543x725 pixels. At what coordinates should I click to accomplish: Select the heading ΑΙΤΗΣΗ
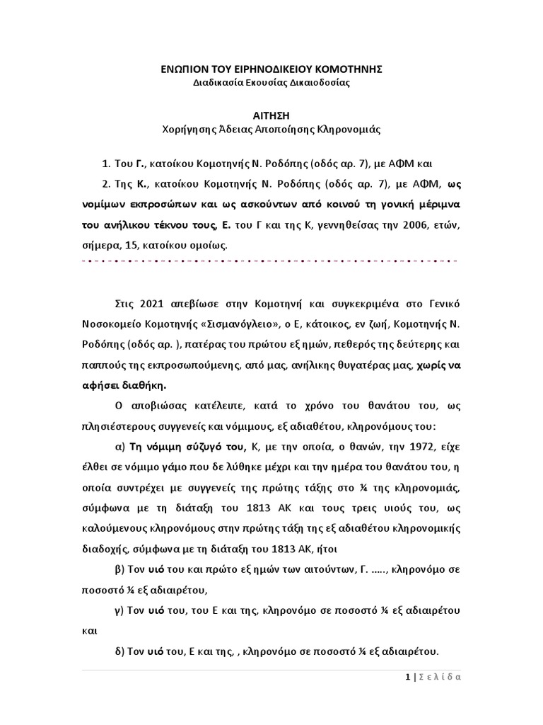click(271, 115)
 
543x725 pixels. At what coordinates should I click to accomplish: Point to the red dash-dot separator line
click(271, 261)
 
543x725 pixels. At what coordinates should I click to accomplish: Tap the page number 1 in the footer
click(408, 677)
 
